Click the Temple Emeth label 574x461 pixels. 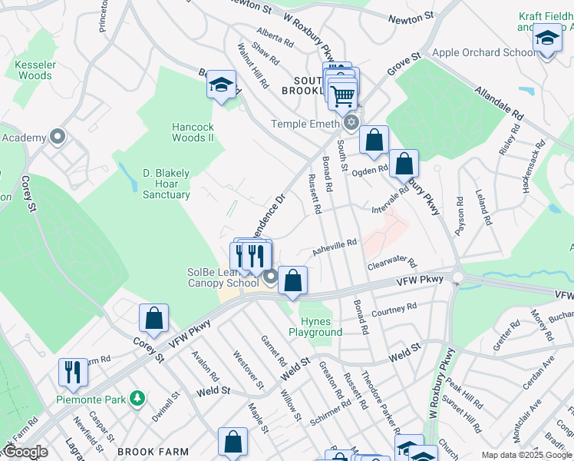tap(307, 124)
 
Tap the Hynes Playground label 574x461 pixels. tap(315, 327)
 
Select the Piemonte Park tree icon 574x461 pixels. tap(137, 398)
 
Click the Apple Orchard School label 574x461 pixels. tap(484, 53)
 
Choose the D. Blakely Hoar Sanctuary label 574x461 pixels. tap(166, 184)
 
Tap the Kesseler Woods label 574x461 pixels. tap(33, 70)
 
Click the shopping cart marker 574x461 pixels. tap(341, 95)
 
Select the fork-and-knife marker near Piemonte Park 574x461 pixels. tap(73, 372)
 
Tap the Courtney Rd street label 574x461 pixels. tap(393, 310)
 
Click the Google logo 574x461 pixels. tap(25, 452)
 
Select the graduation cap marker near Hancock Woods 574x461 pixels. tap(221, 85)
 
